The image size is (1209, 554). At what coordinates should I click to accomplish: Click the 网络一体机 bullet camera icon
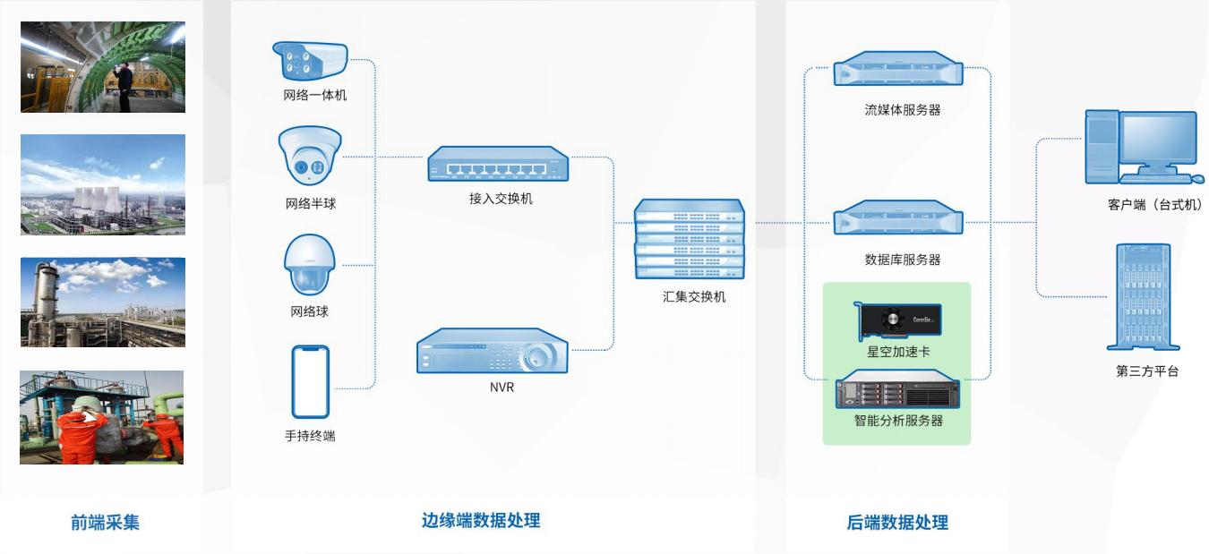[309, 61]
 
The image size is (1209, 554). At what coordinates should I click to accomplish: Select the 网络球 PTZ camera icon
[308, 266]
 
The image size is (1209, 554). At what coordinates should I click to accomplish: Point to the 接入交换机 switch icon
[498, 165]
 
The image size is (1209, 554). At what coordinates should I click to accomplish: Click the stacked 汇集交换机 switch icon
[689, 239]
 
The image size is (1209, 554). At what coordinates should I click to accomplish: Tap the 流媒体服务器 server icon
[898, 69]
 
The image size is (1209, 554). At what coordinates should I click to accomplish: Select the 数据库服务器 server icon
[898, 218]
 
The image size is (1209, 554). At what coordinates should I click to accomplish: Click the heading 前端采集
[106, 523]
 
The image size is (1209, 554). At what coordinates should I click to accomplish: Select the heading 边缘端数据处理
[481, 520]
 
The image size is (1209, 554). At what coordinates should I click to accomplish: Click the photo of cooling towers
[103, 184]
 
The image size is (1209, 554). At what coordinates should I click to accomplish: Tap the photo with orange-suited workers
[102, 417]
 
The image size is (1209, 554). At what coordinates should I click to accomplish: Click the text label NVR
[502, 388]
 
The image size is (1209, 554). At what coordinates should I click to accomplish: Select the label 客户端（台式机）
[1154, 206]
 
